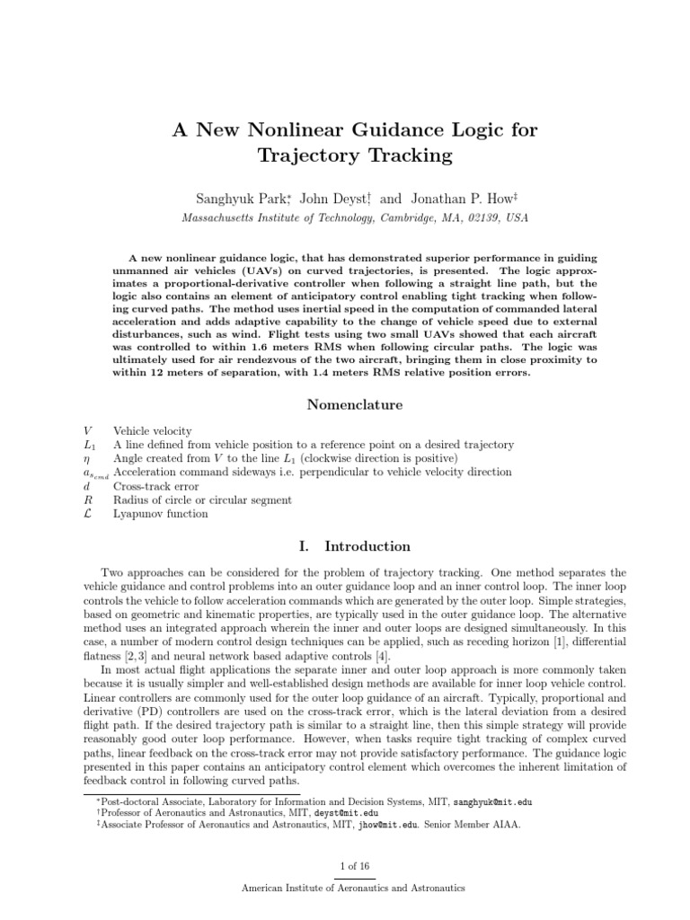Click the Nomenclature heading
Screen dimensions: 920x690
pyautogui.click(x=355, y=404)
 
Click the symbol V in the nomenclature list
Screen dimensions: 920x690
pyautogui.click(x=85, y=431)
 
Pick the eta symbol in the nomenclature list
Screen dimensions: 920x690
pyautogui.click(x=84, y=459)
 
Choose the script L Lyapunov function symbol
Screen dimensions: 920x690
pyautogui.click(x=85, y=514)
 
